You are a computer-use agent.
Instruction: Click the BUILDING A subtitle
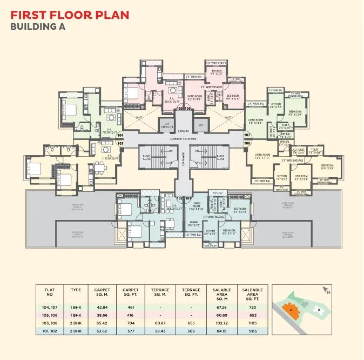coord(38,26)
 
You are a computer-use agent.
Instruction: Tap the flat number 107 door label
coord(247,135)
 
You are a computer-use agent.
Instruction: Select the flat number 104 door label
coord(120,135)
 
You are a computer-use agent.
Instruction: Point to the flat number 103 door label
coord(120,143)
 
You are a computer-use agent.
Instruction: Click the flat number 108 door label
coord(247,143)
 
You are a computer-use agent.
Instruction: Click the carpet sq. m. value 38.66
coord(102,314)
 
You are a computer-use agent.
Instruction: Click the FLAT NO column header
coord(49,292)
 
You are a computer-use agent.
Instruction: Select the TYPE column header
coord(76,290)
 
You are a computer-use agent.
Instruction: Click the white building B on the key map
coord(319,309)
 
